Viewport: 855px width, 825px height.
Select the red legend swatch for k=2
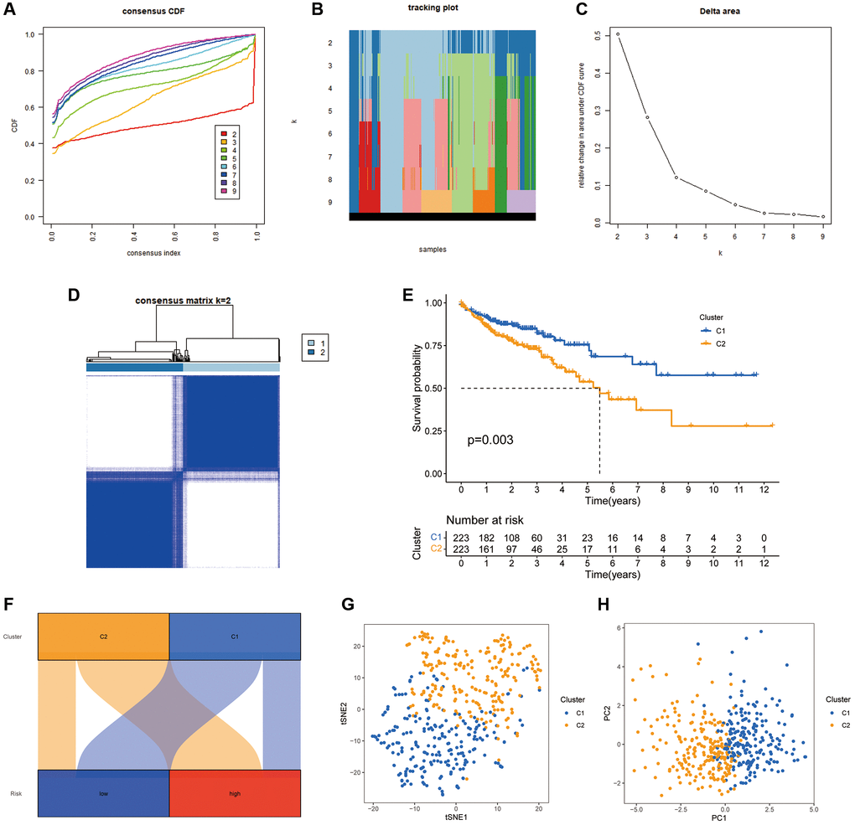223,135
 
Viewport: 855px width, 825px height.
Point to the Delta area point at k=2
619,34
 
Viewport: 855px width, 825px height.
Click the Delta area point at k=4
676,178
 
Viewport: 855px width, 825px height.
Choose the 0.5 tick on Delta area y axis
596,37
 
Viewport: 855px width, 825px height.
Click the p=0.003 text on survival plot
490,440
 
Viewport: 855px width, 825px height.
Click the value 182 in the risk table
486,537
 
